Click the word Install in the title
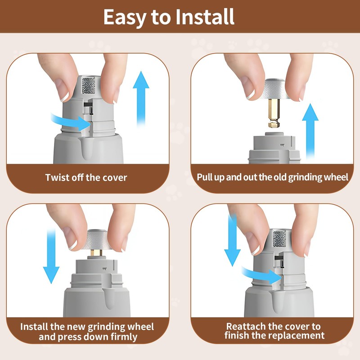[205, 17]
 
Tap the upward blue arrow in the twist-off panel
[141, 99]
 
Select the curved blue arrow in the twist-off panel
[71, 121]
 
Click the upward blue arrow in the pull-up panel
[310, 131]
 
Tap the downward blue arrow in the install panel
[51, 256]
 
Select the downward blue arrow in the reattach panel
[232, 240]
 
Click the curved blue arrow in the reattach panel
[261, 274]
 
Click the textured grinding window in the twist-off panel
[88, 85]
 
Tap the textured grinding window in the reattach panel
[279, 239]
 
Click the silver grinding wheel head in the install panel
[96, 239]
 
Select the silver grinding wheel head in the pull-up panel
[274, 89]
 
